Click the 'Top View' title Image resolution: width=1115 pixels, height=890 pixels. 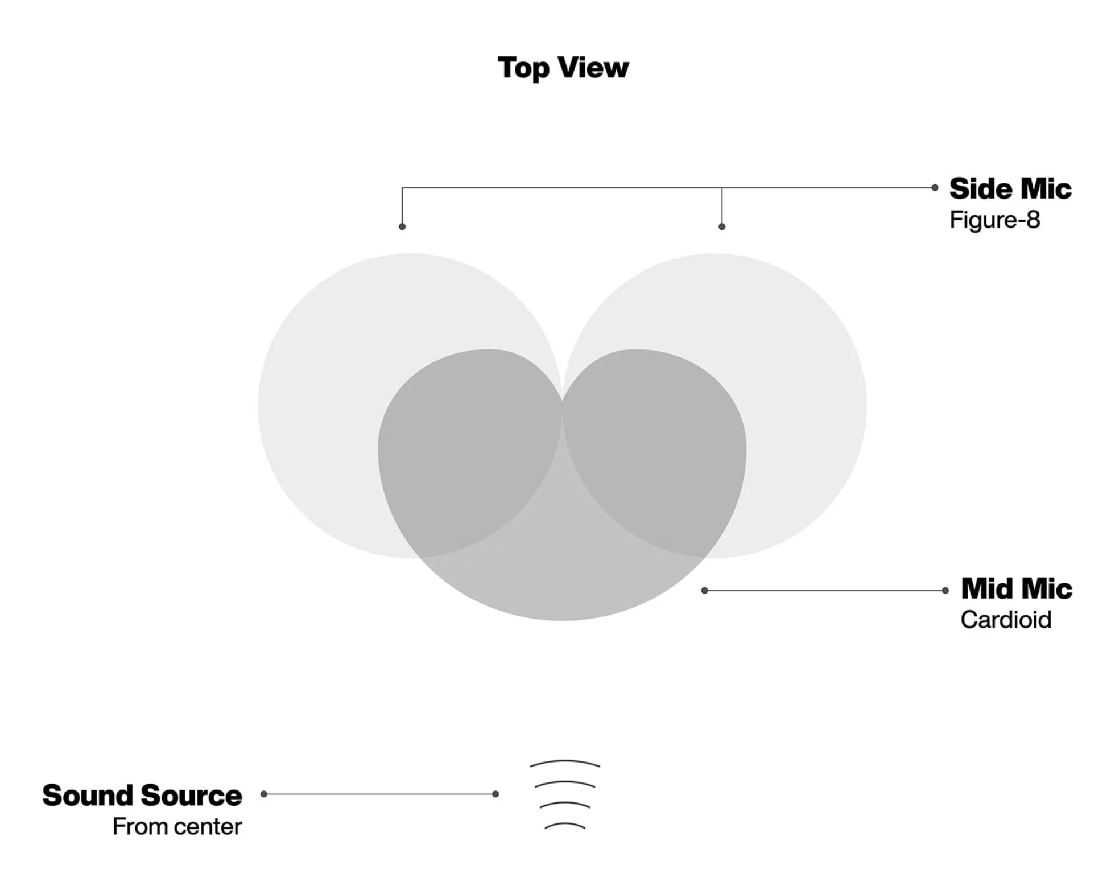pos(563,68)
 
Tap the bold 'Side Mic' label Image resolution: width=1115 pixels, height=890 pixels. pos(1010,188)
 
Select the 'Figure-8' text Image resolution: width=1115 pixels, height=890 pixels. pos(994,220)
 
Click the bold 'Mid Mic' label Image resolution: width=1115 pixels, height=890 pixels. pos(1016,588)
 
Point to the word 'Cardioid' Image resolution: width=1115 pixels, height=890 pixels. pos(1006,620)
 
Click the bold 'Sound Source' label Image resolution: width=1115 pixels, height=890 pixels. pos(142,795)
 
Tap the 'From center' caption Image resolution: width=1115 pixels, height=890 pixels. pos(177,826)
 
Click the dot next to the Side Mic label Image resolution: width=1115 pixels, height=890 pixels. pos(935,187)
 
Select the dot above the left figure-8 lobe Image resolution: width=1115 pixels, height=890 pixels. pos(402,226)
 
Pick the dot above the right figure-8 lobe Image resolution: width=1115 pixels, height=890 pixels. pos(722,226)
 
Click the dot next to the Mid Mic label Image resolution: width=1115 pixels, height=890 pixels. pos(945,591)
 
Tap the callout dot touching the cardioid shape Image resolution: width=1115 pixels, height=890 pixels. pos(705,591)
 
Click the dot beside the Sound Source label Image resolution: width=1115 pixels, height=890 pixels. pos(264,794)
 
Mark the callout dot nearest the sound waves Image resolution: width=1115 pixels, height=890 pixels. pos(495,794)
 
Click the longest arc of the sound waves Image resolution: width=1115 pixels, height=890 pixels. pos(565,761)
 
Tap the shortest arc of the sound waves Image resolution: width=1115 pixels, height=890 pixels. pos(565,824)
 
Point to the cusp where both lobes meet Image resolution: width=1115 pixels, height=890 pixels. pos(562,400)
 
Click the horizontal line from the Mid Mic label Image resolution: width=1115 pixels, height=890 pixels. pos(825,591)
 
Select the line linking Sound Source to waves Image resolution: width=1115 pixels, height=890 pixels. pos(379,794)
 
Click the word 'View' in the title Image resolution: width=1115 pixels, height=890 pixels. pos(593,67)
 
